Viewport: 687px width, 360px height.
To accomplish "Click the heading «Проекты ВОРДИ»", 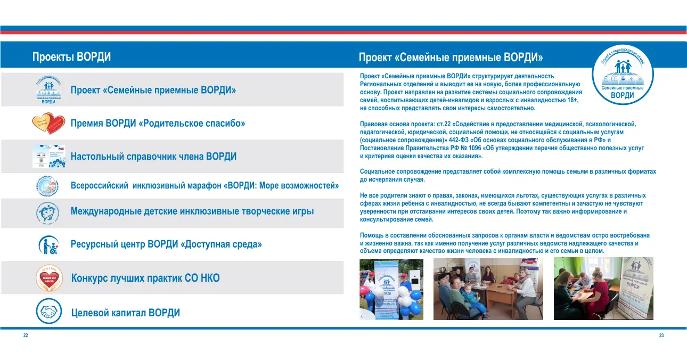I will pyautogui.click(x=71, y=57).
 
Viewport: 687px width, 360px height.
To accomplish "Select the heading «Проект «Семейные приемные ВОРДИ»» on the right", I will pyautogui.click(x=451, y=57).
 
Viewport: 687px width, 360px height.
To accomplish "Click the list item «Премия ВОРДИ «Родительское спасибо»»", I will pyautogui.click(x=158, y=124).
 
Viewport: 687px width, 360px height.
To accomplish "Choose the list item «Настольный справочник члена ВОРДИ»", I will pyautogui.click(x=153, y=157).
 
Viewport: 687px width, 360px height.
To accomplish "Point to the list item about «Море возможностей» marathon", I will pyautogui.click(x=205, y=186).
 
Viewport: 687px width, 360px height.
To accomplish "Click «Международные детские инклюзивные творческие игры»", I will pyautogui.click(x=192, y=211).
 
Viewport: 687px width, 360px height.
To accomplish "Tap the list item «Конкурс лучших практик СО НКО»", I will pyautogui.click(x=145, y=278).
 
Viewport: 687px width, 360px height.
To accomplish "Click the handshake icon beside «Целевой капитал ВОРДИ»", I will pyautogui.click(x=49, y=312).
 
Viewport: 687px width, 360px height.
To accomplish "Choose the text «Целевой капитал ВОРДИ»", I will pyautogui.click(x=125, y=313).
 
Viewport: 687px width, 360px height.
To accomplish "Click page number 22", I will pyautogui.click(x=25, y=336).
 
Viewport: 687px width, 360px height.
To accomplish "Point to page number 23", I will pyautogui.click(x=661, y=336).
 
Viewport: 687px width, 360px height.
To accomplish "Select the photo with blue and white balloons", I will pyautogui.click(x=391, y=289).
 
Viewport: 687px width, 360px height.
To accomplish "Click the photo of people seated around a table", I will pyautogui.click(x=488, y=289).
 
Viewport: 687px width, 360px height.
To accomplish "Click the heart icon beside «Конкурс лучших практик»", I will pyautogui.click(x=49, y=278).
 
